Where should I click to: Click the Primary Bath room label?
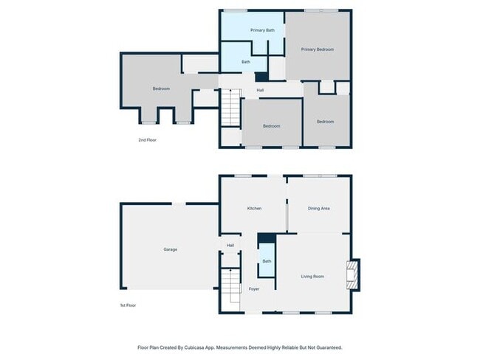tap(262, 30)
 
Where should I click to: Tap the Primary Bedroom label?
tap(317, 49)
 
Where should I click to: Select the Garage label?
tap(170, 249)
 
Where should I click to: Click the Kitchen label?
tap(254, 209)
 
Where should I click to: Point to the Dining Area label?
tap(318, 209)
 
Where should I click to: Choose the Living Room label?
tap(312, 277)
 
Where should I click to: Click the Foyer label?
tap(254, 289)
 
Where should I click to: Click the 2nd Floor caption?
tap(147, 139)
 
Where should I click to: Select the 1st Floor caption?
tap(128, 305)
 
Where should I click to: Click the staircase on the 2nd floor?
tap(232, 108)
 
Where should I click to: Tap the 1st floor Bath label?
tap(266, 261)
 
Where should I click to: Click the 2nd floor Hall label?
tap(260, 91)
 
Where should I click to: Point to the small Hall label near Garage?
tap(230, 246)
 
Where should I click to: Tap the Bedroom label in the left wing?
tap(161, 89)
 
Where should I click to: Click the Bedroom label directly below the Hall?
tap(271, 126)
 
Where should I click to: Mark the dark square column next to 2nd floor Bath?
tap(261, 76)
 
